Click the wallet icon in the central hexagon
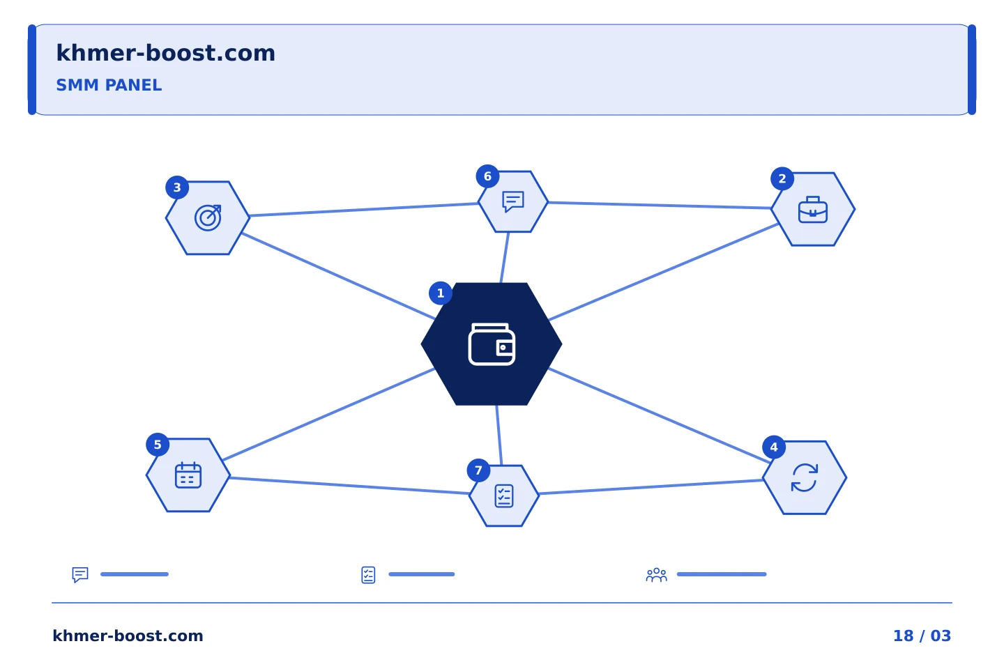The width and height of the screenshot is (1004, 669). [492, 344]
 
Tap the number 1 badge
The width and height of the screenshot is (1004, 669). [441, 293]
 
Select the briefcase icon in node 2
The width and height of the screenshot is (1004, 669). [813, 210]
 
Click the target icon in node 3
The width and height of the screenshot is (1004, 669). [208, 217]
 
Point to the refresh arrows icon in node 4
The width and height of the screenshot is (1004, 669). [805, 477]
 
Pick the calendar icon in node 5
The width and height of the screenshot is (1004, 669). [188, 475]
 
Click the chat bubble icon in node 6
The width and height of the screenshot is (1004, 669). [513, 201]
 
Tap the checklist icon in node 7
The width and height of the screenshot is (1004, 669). [504, 496]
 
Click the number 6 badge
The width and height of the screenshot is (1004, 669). [487, 176]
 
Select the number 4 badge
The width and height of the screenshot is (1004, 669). [774, 447]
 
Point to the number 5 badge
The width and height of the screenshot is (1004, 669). [158, 445]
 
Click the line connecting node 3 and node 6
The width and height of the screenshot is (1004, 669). [364, 210]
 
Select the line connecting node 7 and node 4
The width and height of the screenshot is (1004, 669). [651, 487]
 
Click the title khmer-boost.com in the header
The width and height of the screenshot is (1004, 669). [165, 53]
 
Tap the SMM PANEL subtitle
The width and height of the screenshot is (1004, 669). [109, 85]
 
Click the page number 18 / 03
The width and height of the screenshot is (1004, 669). [922, 636]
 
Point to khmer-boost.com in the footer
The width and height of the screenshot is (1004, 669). [128, 636]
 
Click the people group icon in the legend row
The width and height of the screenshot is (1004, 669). [657, 574]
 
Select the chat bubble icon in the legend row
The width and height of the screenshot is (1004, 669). [80, 574]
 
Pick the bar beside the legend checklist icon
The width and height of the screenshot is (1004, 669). [422, 574]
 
